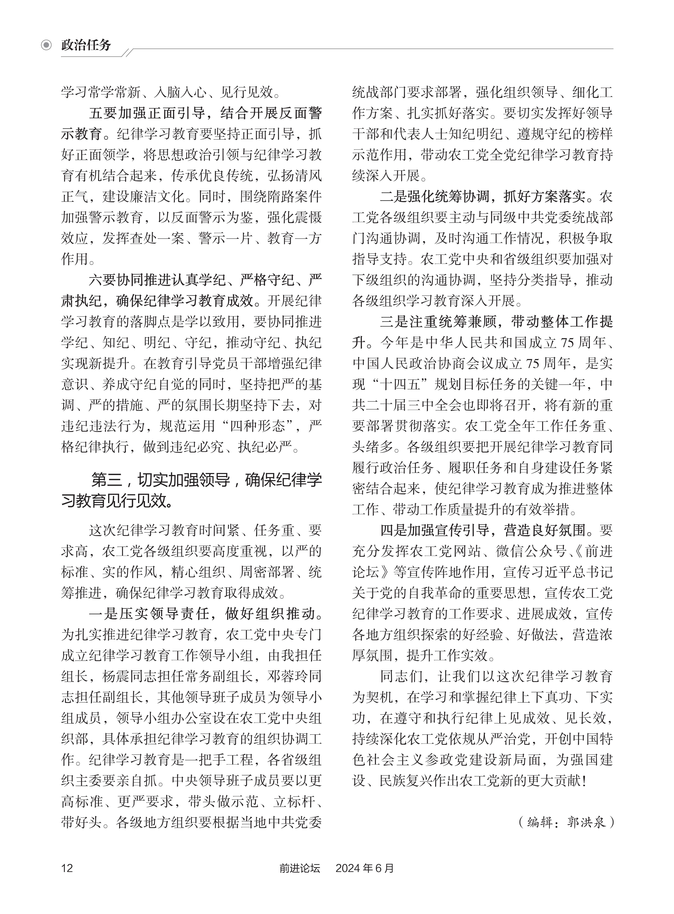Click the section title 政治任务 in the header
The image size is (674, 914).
(86, 45)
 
